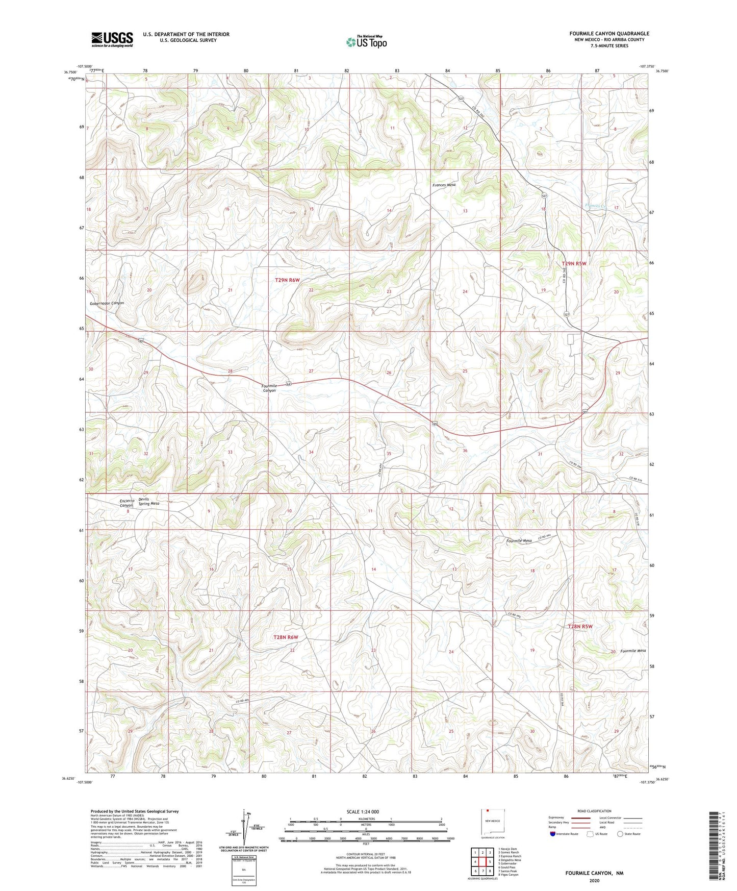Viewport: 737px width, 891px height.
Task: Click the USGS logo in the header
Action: pyautogui.click(x=112, y=39)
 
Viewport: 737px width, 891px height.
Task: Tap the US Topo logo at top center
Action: pyautogui.click(x=366, y=42)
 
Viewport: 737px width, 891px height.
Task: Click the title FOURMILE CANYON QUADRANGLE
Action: pyautogui.click(x=609, y=34)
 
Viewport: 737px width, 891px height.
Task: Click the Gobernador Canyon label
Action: pyautogui.click(x=107, y=303)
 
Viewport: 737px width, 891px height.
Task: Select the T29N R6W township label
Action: pyautogui.click(x=287, y=280)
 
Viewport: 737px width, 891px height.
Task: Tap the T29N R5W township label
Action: pyautogui.click(x=574, y=263)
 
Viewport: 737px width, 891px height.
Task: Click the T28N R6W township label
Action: pyautogui.click(x=286, y=637)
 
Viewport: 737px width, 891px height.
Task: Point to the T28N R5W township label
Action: pyautogui.click(x=580, y=626)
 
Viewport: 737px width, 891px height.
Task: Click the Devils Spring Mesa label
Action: pyautogui.click(x=148, y=501)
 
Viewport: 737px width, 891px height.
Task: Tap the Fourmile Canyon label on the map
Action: pyautogui.click(x=269, y=388)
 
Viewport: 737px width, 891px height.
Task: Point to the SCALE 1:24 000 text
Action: pyautogui.click(x=363, y=811)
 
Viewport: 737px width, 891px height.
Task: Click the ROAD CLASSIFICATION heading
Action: pyautogui.click(x=594, y=811)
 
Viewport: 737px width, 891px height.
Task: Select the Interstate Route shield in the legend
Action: pyautogui.click(x=553, y=834)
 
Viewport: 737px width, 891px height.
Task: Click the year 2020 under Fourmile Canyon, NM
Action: pyautogui.click(x=594, y=880)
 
